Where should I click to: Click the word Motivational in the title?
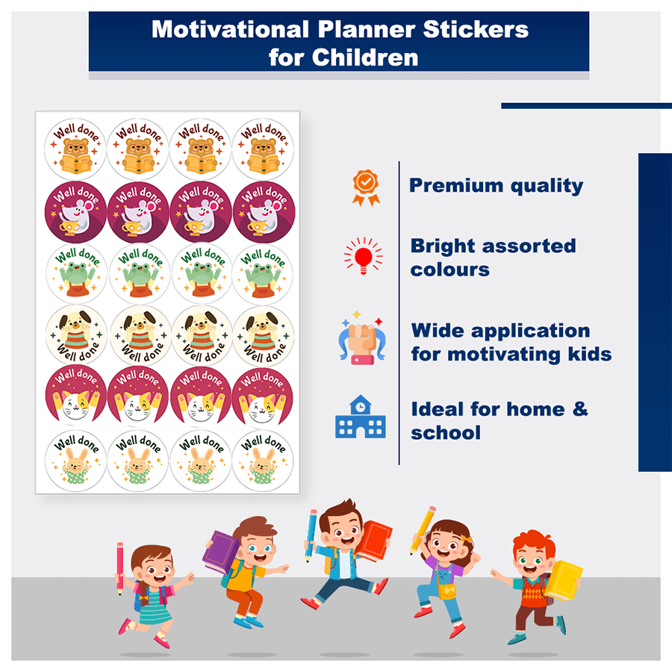click(x=228, y=30)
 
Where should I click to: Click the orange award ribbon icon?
click(x=366, y=187)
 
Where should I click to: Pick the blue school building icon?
click(x=361, y=417)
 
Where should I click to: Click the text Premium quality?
click(x=496, y=186)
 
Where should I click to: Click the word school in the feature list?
click(x=445, y=432)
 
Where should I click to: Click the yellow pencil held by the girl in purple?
click(x=423, y=529)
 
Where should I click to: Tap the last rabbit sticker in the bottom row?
click(x=263, y=457)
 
